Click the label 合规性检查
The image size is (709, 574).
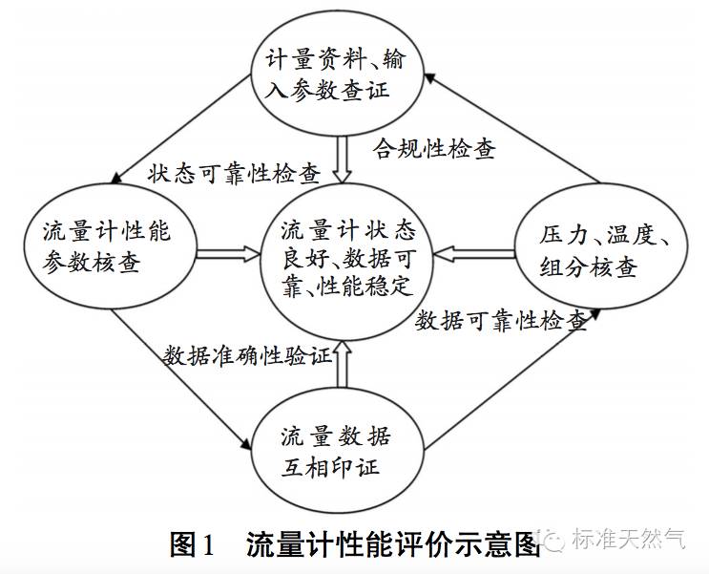coord(432,149)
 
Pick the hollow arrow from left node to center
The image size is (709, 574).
coord(229,254)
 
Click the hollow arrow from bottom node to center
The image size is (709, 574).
coord(343,369)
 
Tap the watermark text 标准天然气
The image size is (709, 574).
coord(627,541)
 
